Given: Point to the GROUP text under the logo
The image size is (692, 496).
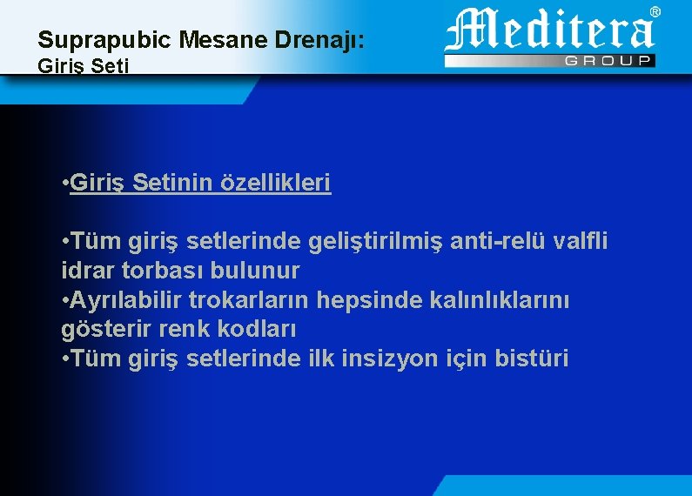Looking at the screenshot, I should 609,60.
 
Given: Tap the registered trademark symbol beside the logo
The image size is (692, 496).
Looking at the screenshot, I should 655,11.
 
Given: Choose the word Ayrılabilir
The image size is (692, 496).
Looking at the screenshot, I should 126,299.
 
